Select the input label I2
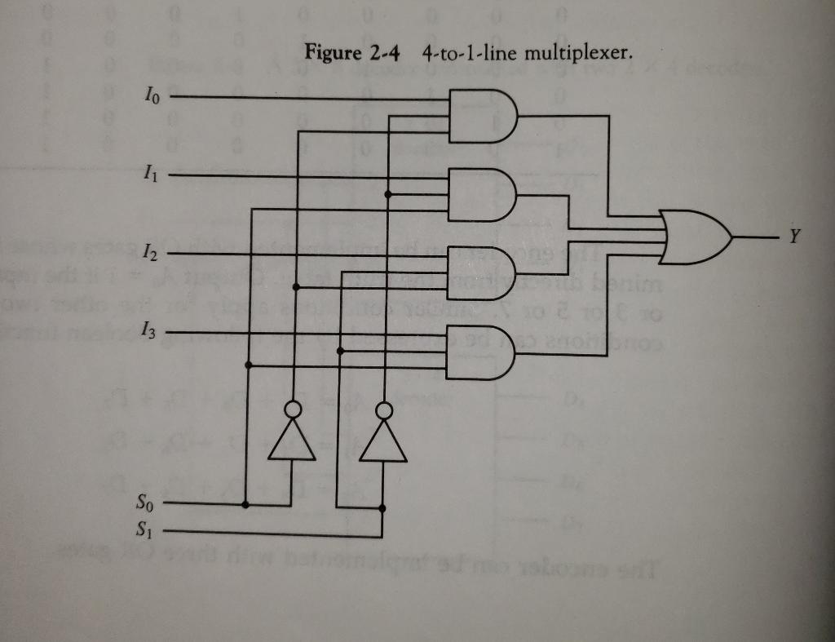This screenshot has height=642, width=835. [x=146, y=254]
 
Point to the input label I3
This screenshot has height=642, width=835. [x=146, y=331]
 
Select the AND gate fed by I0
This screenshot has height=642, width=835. [x=480, y=116]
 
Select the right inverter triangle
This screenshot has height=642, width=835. [x=382, y=442]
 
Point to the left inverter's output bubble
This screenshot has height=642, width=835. [x=293, y=409]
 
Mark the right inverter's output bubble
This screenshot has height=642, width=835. [x=382, y=409]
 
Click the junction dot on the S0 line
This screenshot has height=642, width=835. [x=246, y=504]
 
